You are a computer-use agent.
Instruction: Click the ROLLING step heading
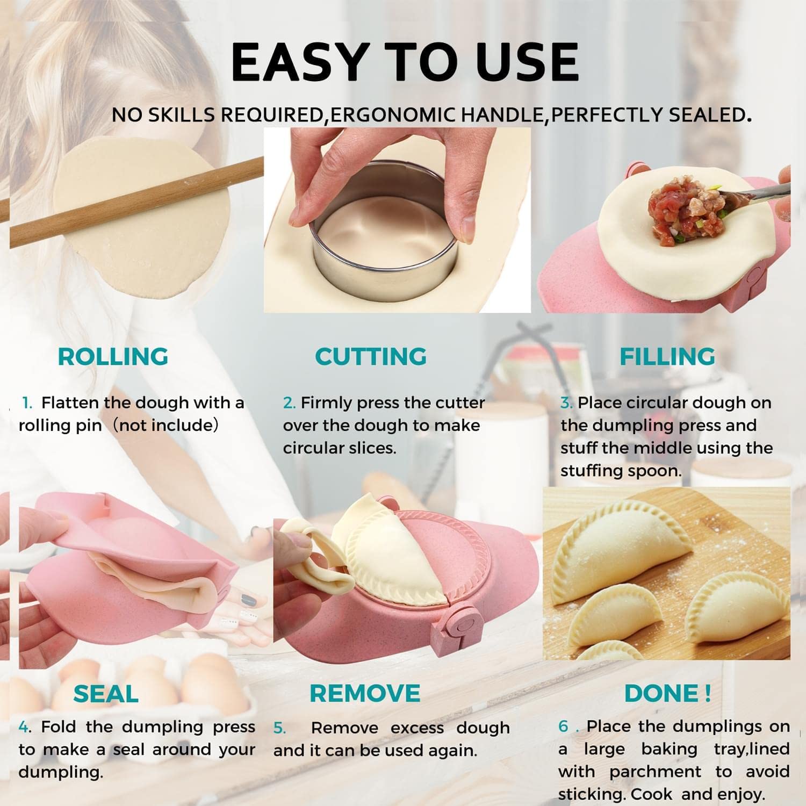[113, 356]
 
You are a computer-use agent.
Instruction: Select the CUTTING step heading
[371, 356]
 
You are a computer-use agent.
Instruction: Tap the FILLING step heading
[667, 356]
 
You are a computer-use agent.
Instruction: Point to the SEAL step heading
[106, 694]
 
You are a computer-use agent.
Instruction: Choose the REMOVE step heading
[365, 693]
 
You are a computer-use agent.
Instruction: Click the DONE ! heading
[667, 693]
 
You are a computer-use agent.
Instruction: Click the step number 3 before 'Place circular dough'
[566, 403]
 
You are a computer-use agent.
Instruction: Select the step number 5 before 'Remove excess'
[279, 728]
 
